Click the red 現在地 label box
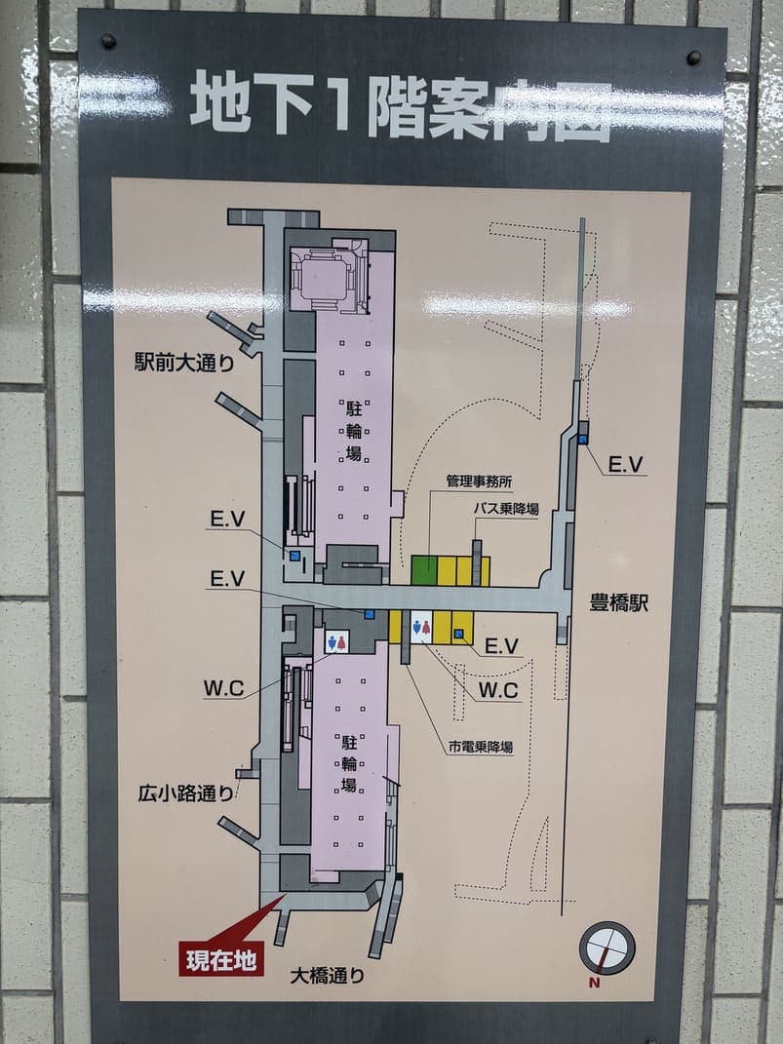pos(220,960)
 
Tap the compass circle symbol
pos(607,947)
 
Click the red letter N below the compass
pos(594,983)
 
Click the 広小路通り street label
pos(185,793)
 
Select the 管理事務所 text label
pos(480,481)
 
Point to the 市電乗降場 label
pos(481,748)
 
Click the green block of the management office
pos(423,570)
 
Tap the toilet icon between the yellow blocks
pos(421,627)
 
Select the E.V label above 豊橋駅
pos(625,465)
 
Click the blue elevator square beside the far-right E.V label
pos(582,440)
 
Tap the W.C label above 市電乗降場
pos(498,690)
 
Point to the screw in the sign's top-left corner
pos(108,42)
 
